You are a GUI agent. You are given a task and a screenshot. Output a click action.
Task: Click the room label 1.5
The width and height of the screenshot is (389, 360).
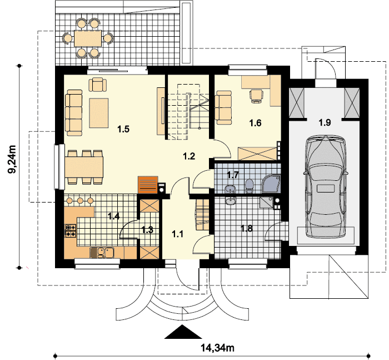pos(123,129)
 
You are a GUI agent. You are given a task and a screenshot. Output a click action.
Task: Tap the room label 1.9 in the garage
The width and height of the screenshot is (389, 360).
pos(325,122)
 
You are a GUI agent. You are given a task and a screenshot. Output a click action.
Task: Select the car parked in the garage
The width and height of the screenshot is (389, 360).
pos(325,186)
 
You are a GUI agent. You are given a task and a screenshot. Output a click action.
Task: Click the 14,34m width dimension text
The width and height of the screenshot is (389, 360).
pos(217,348)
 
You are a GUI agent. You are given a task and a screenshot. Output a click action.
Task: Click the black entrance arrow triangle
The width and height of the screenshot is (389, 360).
pos(183,332)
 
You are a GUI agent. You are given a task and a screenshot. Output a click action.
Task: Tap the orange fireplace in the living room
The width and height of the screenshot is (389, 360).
pos(148,185)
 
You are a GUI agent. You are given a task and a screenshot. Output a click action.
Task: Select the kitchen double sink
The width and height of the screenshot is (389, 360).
pos(102,253)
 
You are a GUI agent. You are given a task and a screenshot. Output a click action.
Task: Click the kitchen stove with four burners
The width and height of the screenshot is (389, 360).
pos(71,231)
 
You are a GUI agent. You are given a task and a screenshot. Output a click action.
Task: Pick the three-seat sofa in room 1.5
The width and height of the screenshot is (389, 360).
pos(74,113)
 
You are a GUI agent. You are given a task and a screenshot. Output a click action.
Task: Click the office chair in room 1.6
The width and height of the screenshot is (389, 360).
pos(256,96)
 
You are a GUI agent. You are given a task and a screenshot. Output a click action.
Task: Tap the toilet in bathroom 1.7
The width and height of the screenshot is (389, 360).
pos(249,186)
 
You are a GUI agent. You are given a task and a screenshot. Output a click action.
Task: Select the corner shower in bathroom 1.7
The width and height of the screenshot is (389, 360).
pos(271,184)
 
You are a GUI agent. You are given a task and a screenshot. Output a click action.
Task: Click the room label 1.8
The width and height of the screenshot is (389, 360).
pos(247,228)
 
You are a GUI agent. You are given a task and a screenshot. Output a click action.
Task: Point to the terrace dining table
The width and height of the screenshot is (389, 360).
pos(88,38)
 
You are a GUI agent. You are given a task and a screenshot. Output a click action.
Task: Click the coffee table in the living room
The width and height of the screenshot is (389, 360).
pos(99,113)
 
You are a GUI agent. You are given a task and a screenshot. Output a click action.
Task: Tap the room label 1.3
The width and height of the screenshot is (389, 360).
pos(147,230)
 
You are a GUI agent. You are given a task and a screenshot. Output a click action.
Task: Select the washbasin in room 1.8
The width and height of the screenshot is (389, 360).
pos(231,201)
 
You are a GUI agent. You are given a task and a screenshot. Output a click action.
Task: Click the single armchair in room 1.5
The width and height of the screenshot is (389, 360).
pos(98,85)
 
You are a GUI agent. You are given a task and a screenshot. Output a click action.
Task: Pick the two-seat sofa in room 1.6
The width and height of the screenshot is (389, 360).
pos(223,107)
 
